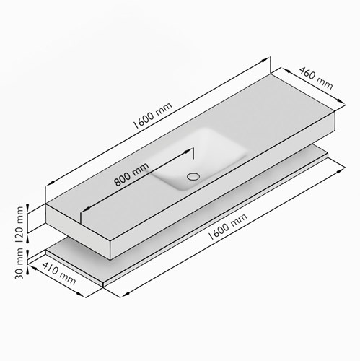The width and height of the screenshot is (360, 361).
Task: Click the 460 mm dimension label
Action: (x=316, y=78)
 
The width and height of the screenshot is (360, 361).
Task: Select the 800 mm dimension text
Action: (x=131, y=174)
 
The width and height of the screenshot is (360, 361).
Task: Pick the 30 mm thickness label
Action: (x=19, y=264)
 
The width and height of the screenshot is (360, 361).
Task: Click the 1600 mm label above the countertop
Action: (x=152, y=116)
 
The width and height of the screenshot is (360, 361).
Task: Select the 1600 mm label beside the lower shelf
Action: (x=227, y=227)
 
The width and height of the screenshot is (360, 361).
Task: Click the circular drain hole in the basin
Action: (x=193, y=176)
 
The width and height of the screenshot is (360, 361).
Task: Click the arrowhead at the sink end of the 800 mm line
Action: (x=188, y=152)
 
